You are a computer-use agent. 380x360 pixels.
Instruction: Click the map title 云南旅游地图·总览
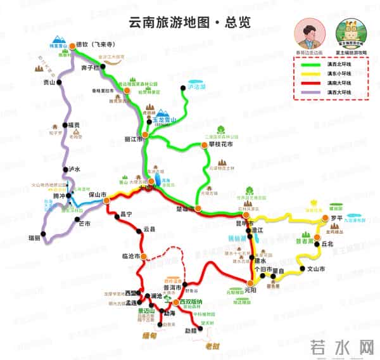tap(182, 22)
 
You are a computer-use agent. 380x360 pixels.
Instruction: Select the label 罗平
tap(336, 218)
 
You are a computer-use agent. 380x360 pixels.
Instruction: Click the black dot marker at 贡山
tap(59, 82)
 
